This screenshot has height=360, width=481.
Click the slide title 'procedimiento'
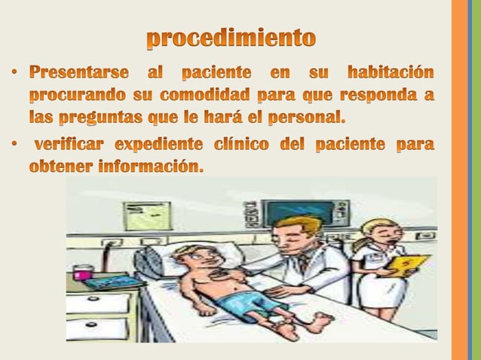(231, 38)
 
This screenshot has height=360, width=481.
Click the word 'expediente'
(161, 144)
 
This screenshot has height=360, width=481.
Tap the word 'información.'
(151, 166)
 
